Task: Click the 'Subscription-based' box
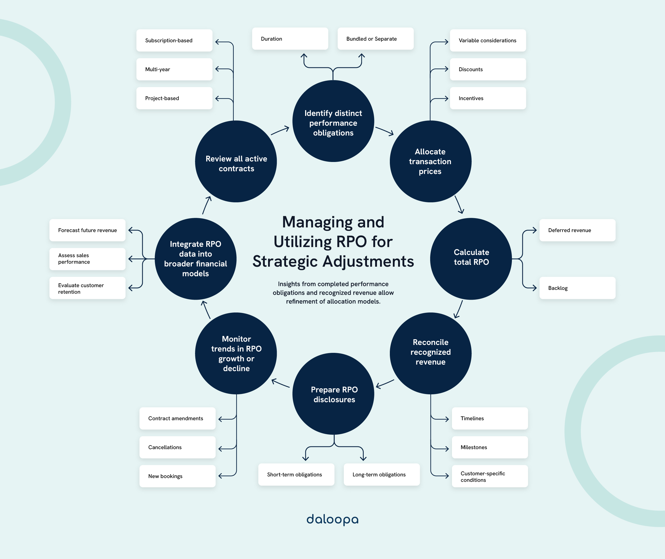point(174,41)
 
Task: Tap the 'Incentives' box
point(488,98)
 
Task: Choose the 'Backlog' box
point(577,288)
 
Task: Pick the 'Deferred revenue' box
point(577,230)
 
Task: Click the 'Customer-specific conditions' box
point(490,476)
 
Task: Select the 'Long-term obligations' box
point(382,474)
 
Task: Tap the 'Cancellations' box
point(177,447)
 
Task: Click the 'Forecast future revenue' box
point(87,230)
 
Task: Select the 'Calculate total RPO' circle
point(471,259)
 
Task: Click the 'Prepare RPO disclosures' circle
point(333,394)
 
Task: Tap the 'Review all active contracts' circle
point(236,162)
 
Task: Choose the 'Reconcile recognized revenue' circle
point(430,353)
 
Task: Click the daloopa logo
point(332,519)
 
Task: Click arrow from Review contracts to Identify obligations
point(280,131)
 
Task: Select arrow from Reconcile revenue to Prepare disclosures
point(385,384)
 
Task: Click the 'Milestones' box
point(490,447)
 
